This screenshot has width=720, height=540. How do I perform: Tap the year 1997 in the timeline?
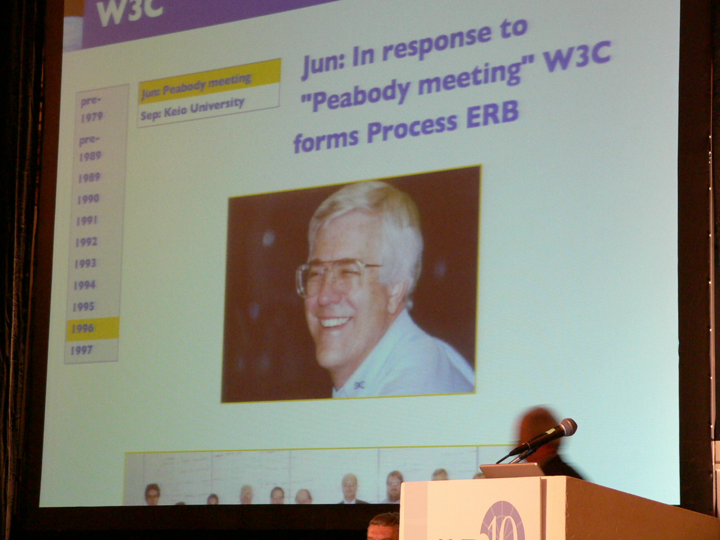point(82,350)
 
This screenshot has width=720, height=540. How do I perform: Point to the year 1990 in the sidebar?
point(88,199)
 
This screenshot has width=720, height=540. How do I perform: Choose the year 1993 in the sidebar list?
point(85,263)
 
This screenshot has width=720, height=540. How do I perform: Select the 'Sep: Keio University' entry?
point(192,110)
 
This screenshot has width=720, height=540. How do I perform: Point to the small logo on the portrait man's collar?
point(359,385)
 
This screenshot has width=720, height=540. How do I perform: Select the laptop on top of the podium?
point(512,470)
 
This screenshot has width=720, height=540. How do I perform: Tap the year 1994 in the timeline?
point(84,285)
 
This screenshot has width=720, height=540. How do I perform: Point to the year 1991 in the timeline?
point(87,220)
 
